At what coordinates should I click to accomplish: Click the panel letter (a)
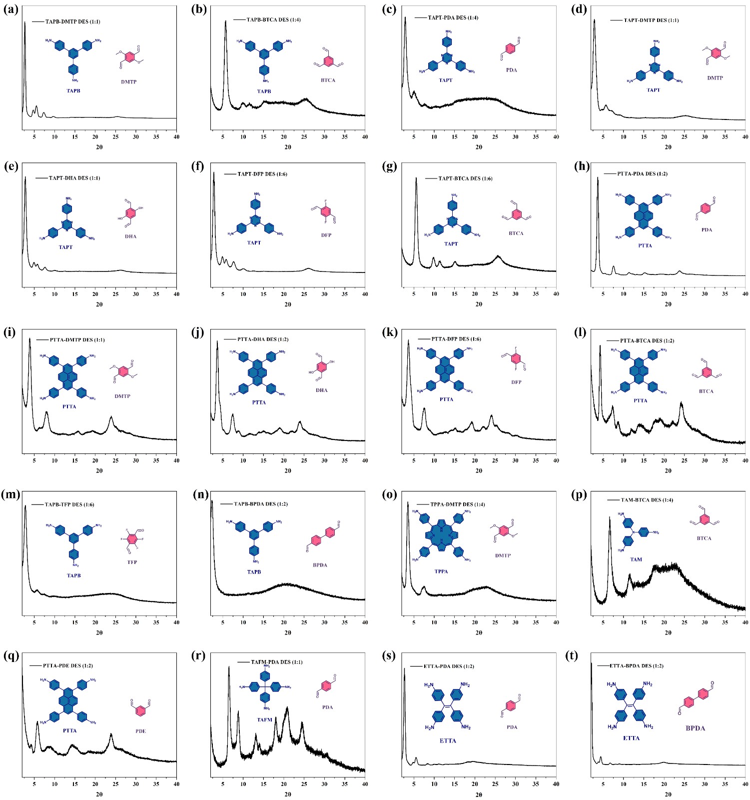click(11, 9)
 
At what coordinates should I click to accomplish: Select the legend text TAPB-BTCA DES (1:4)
click(273, 20)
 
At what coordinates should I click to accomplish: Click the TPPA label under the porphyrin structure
click(441, 571)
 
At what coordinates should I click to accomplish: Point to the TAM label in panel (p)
click(636, 559)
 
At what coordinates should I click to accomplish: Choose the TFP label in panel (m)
click(132, 562)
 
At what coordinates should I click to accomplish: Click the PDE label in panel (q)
click(141, 731)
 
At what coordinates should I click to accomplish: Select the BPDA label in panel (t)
click(695, 728)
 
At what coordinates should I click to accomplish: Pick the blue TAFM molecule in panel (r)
click(265, 687)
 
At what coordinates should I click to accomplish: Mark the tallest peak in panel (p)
click(610, 518)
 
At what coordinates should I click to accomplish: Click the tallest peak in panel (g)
click(416, 178)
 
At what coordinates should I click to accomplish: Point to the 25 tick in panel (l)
click(685, 460)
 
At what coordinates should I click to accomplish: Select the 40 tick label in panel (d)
click(745, 137)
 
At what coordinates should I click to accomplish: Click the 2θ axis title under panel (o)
click(479, 632)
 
